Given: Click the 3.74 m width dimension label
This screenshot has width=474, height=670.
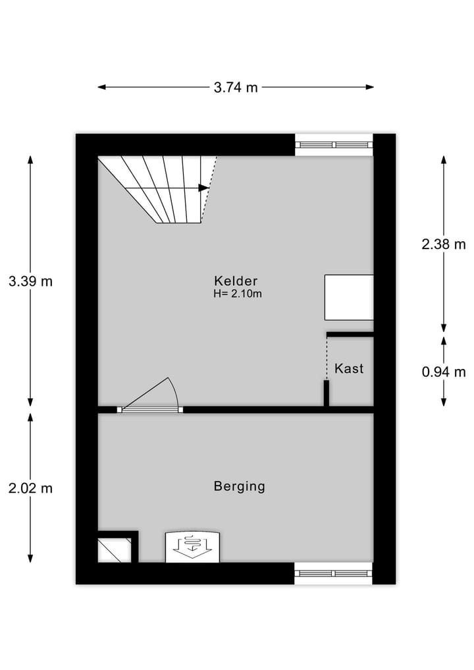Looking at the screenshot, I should pos(236,87).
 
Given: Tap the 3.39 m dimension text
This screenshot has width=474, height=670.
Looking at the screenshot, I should pos(30,281).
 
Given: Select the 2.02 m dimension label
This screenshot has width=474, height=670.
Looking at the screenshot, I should pos(30,488).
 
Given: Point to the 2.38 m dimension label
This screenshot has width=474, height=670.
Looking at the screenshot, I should pos(444,244).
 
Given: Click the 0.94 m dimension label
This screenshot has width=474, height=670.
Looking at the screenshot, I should pos(444,372).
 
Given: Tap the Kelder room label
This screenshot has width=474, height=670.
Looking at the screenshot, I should pos(236,280).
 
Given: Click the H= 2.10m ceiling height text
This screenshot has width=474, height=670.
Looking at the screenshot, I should pos(238,294).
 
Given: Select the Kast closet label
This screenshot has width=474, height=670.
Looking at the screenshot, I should pos(349,369).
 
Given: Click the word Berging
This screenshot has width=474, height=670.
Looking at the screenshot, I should pos(240,487).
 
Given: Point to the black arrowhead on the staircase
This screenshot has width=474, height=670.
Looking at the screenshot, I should pos(204,188).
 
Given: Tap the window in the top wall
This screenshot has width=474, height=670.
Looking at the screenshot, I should pos(334,144).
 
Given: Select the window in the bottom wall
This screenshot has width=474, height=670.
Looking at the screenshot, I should pos(333,573).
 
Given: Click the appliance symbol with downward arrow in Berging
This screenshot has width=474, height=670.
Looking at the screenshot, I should pos(193,546).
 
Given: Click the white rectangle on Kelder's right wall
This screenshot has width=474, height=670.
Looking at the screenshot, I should pos(349,297).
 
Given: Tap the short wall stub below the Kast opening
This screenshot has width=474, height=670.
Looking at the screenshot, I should pos(326,393).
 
